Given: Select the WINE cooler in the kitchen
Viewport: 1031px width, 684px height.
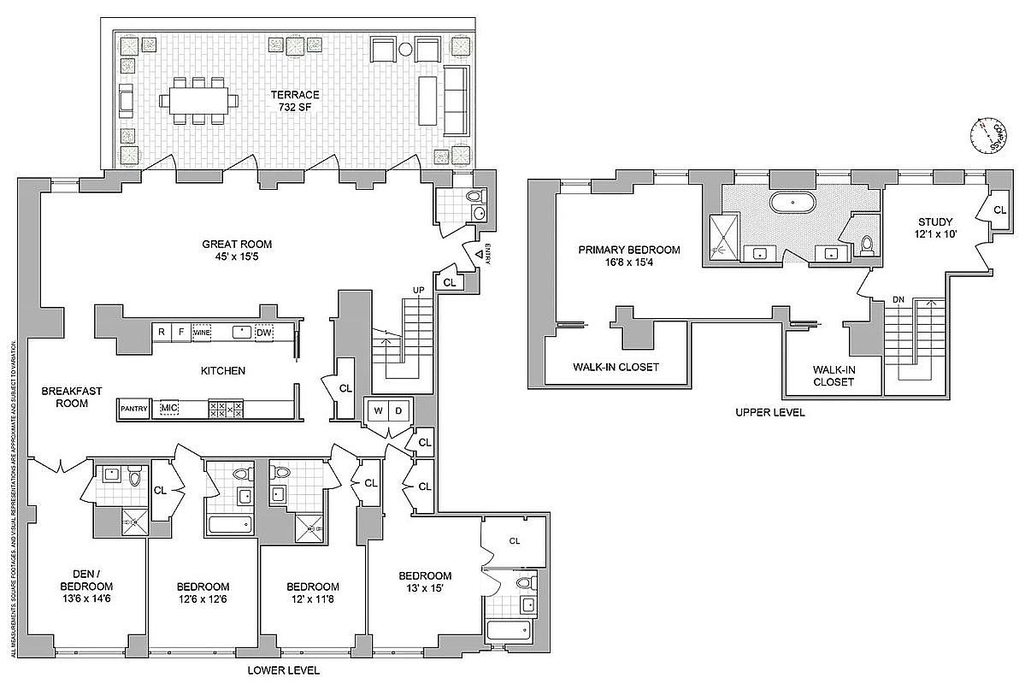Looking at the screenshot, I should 202,333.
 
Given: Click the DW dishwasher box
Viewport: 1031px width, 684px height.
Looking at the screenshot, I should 265,333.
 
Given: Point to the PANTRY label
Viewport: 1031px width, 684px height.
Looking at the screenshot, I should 134,409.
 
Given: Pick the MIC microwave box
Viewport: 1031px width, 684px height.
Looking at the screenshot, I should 168,409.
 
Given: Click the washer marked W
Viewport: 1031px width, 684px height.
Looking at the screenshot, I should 376,410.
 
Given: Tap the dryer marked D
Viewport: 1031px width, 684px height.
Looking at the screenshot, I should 399,410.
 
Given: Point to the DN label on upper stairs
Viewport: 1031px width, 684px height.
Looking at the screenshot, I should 898,300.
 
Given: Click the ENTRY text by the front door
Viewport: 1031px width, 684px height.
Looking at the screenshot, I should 487,256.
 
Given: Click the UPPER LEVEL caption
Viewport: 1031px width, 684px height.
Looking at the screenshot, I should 769,412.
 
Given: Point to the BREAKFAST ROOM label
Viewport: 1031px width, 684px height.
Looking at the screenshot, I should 72,397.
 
